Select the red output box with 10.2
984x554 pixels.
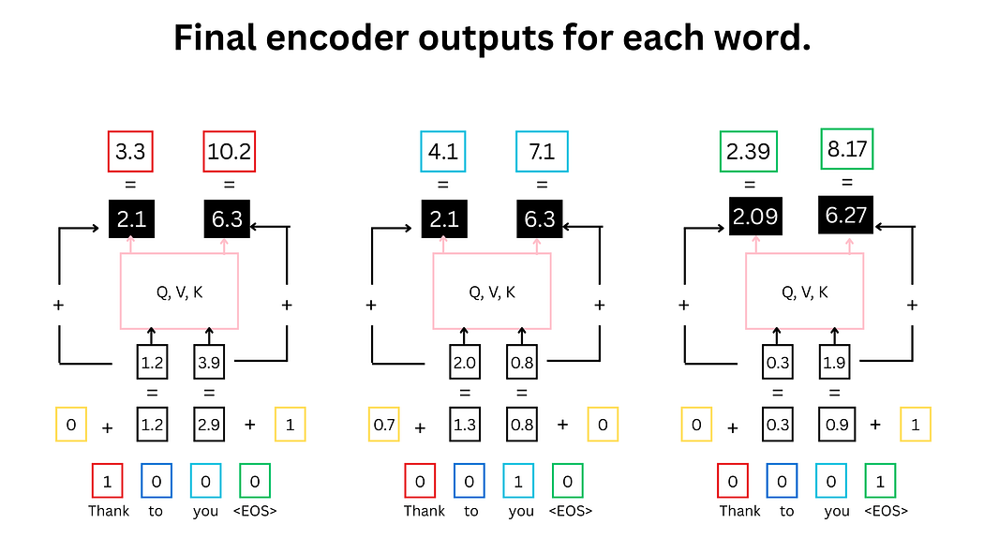[x=229, y=151]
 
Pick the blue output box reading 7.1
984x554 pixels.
[x=542, y=151]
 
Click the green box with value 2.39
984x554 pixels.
[x=749, y=152]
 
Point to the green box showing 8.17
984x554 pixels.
[x=846, y=148]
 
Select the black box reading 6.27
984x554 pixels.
[x=846, y=215]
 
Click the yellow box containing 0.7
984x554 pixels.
[x=385, y=425]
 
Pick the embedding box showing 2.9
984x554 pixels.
[x=209, y=425]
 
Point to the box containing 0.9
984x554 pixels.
[x=834, y=425]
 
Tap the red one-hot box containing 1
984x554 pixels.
[x=108, y=483]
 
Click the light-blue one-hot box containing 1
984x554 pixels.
[x=518, y=483]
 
